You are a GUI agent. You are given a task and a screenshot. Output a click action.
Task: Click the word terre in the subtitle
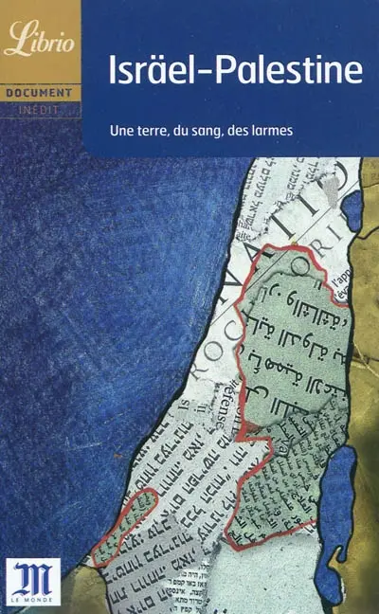tap(168, 128)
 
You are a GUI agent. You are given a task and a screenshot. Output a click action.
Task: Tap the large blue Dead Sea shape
tap(339, 493)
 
